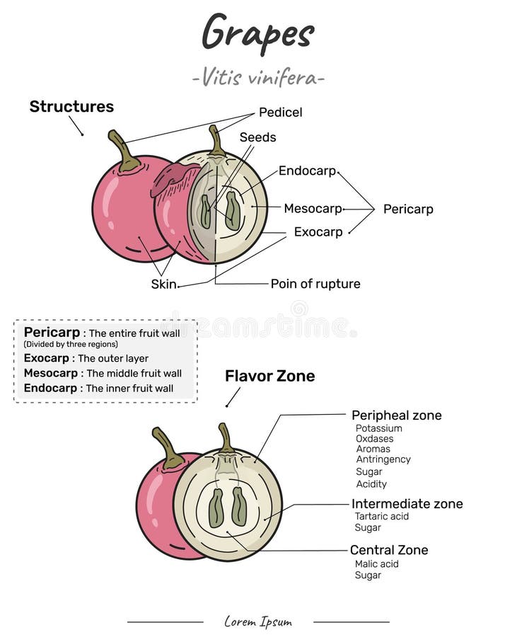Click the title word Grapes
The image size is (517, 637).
click(x=257, y=32)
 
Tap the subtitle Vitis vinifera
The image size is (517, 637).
click(x=258, y=77)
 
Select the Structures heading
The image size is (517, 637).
click(x=71, y=107)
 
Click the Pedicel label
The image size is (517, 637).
click(x=280, y=113)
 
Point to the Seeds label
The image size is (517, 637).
click(x=257, y=137)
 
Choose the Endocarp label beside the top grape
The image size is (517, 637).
click(x=307, y=171)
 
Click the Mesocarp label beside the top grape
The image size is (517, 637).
click(x=313, y=209)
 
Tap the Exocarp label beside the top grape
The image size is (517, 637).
click(x=318, y=232)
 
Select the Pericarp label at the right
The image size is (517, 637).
click(x=408, y=210)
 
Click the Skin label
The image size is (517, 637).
click(x=163, y=285)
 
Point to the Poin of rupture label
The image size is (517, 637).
click(x=315, y=284)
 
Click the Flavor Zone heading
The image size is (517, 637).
click(x=269, y=376)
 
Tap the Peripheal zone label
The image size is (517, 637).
click(x=396, y=415)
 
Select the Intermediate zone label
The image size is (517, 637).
click(x=407, y=504)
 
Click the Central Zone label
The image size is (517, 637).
click(x=389, y=550)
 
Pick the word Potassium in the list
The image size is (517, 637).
click(x=378, y=428)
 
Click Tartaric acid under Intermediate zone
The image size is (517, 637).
click(x=382, y=517)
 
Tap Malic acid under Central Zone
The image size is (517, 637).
click(x=377, y=564)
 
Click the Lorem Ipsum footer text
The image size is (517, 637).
click(x=258, y=622)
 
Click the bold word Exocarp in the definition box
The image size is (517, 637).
click(x=48, y=358)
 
